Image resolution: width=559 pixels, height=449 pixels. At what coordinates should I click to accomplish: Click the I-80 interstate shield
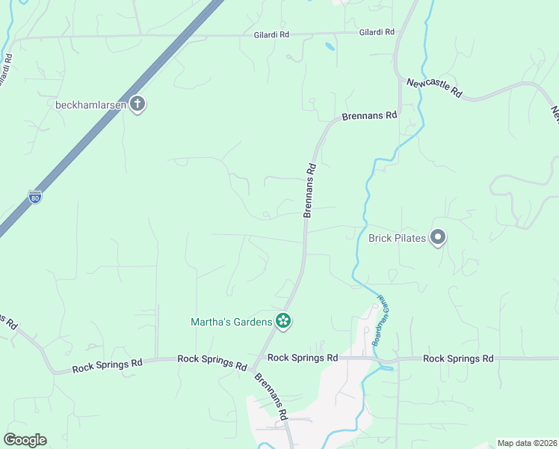pyautogui.click(x=35, y=198)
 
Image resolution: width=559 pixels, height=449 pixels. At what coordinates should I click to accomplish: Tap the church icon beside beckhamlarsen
pyautogui.click(x=137, y=104)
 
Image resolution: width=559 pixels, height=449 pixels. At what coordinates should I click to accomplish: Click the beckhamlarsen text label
pyautogui.click(x=90, y=105)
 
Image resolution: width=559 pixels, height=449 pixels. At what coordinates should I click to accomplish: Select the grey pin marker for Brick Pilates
pyautogui.click(x=438, y=238)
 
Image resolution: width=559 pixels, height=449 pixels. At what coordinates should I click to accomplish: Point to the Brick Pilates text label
pyautogui.click(x=397, y=239)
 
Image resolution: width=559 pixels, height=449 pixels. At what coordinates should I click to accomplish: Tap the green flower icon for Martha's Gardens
pyautogui.click(x=283, y=322)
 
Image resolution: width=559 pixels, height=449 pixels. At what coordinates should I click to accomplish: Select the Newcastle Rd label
pyautogui.click(x=434, y=88)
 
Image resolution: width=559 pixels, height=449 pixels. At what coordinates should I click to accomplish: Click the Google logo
pyautogui.click(x=25, y=440)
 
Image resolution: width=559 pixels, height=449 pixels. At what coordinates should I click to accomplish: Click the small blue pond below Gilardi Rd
pyautogui.click(x=330, y=47)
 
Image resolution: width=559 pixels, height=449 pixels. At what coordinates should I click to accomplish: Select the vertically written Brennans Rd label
pyautogui.click(x=310, y=191)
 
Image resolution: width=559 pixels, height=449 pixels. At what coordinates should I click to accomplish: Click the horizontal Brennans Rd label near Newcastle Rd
pyautogui.click(x=369, y=116)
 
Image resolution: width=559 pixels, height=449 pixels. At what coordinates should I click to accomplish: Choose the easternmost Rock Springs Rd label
pyautogui.click(x=458, y=358)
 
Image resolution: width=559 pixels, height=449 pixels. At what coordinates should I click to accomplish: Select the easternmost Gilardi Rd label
pyautogui.click(x=376, y=32)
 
